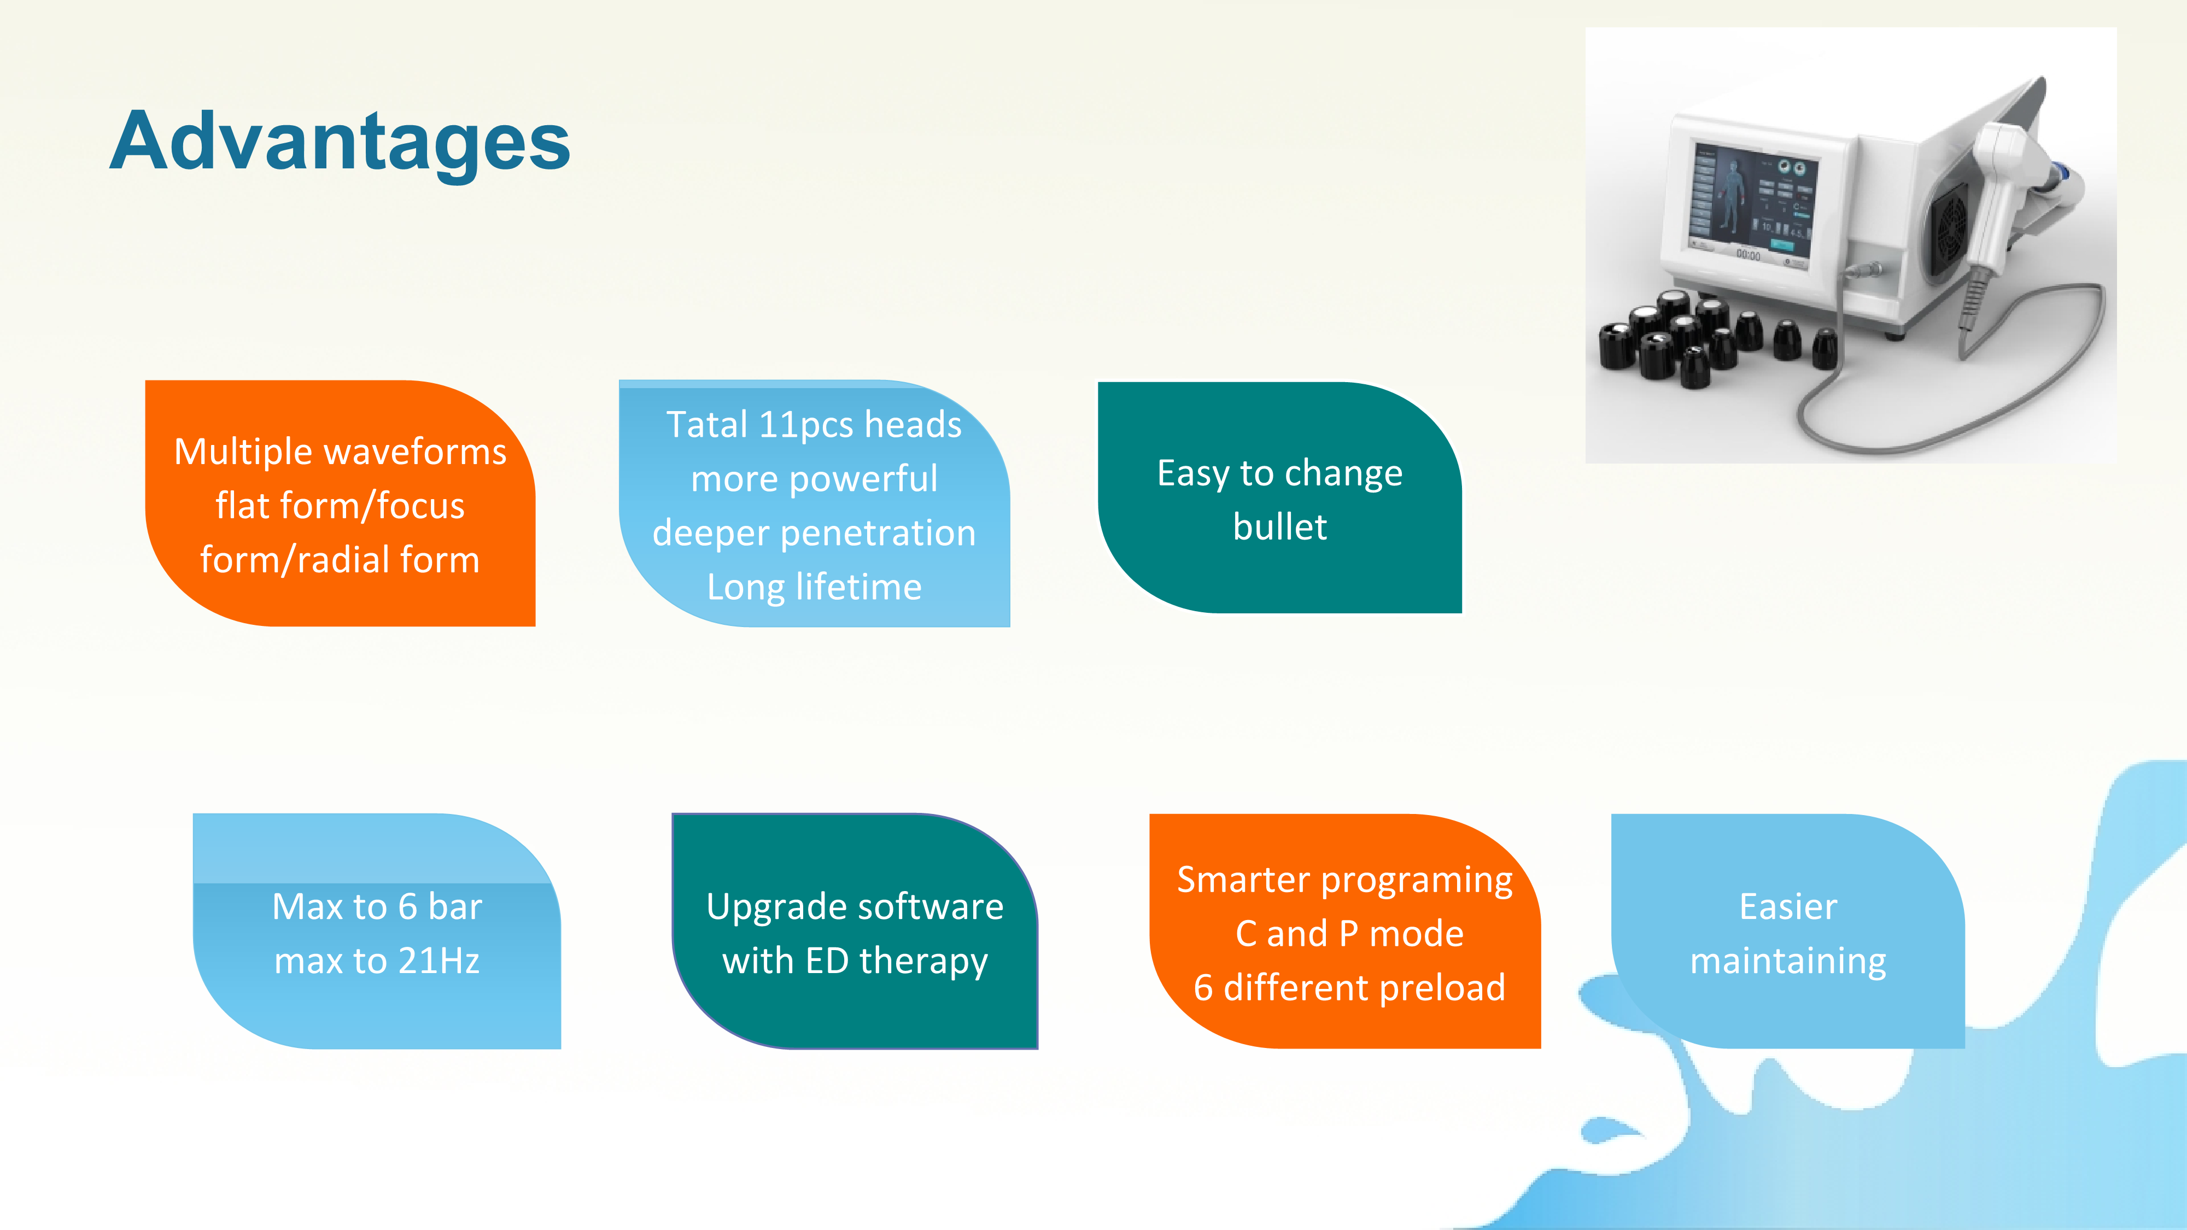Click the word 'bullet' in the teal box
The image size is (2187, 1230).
pyautogui.click(x=1279, y=526)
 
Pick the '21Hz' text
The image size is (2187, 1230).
pyautogui.click(x=439, y=961)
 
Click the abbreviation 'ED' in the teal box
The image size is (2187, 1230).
pyautogui.click(x=827, y=961)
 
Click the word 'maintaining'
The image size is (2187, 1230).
pyautogui.click(x=1788, y=962)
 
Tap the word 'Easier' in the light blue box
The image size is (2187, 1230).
pyautogui.click(x=1788, y=906)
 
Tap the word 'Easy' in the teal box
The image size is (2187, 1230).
pyautogui.click(x=1193, y=473)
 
